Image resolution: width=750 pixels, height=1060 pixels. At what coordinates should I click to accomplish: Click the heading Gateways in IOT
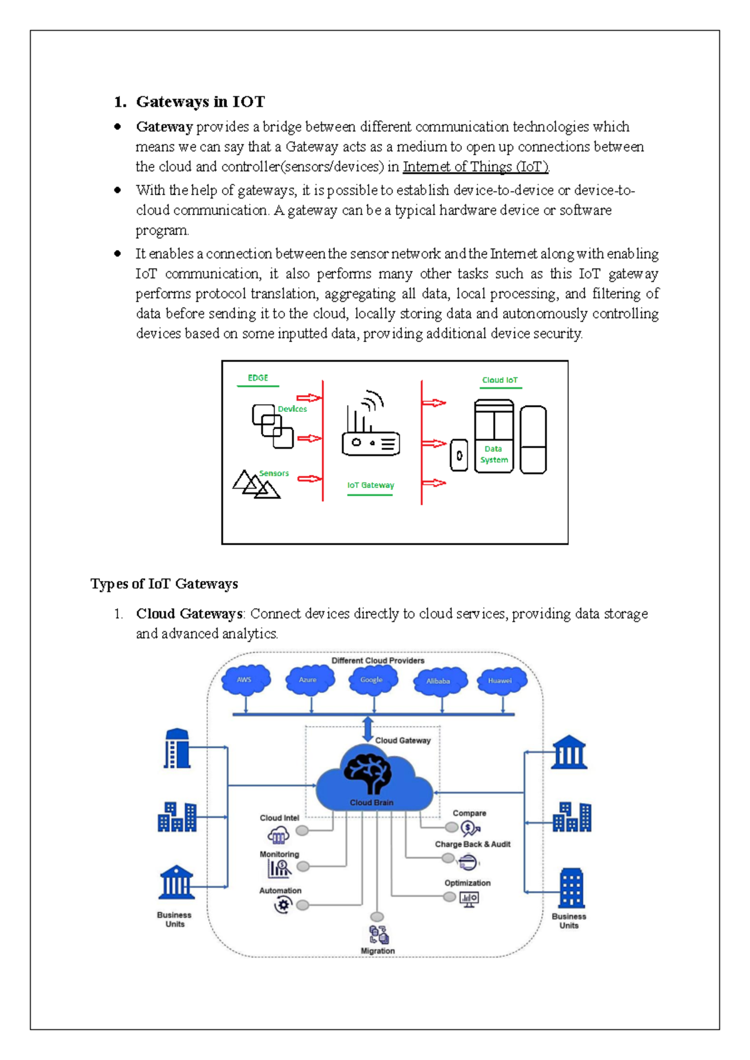point(200,102)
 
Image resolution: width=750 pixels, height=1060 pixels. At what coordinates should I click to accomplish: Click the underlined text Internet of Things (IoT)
point(476,167)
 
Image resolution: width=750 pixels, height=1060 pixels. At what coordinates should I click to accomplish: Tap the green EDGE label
point(257,378)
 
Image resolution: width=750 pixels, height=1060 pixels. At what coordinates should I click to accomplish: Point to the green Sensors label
point(274,473)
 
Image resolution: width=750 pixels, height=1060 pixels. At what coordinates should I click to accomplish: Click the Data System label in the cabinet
point(494,454)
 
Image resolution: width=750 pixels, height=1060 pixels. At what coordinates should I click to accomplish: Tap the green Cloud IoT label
point(499,380)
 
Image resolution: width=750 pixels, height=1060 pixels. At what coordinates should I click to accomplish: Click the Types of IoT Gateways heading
point(164,584)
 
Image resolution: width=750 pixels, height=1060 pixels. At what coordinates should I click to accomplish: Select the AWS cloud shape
point(246,680)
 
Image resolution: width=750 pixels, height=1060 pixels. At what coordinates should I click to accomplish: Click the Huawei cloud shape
point(501,681)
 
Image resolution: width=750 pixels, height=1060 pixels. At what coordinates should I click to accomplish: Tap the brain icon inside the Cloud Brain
point(369,772)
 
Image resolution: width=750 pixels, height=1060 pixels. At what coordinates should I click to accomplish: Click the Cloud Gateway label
point(402,741)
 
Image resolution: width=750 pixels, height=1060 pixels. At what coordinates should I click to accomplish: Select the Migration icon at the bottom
point(378,935)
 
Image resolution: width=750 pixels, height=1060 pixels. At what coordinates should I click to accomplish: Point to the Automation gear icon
point(283,904)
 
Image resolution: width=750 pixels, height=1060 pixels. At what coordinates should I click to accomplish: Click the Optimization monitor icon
point(469,899)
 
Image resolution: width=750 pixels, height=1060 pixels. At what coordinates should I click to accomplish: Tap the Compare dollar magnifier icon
point(470,829)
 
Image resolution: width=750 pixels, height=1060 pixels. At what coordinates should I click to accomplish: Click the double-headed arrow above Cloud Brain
point(367,729)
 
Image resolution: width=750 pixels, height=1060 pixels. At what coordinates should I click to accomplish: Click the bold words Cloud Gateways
point(189,614)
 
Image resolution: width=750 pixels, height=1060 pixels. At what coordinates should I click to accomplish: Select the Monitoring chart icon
point(279,867)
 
